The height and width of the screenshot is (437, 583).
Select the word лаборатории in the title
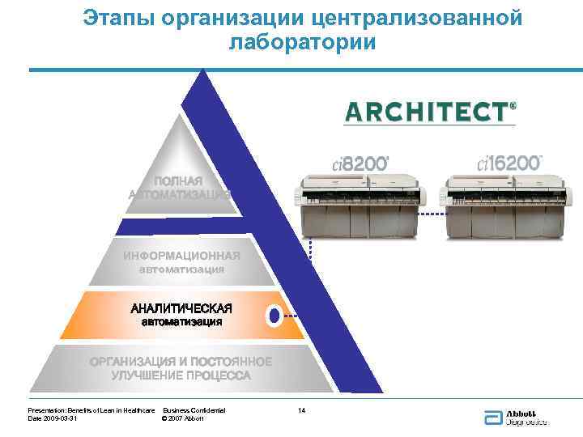(302, 42)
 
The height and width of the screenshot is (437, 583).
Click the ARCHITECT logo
(430, 112)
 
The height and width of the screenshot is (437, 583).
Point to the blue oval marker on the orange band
(274, 316)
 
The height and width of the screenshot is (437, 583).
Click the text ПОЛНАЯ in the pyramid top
(179, 180)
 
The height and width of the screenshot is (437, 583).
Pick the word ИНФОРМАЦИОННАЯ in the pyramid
(181, 256)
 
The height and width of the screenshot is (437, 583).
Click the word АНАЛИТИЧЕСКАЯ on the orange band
(181, 308)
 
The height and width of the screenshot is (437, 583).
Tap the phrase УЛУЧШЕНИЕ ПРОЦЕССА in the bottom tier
(181, 375)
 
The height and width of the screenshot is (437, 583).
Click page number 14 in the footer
(301, 411)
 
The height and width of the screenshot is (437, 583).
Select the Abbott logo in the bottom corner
(515, 417)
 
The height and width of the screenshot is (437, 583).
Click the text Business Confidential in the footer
(194, 411)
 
